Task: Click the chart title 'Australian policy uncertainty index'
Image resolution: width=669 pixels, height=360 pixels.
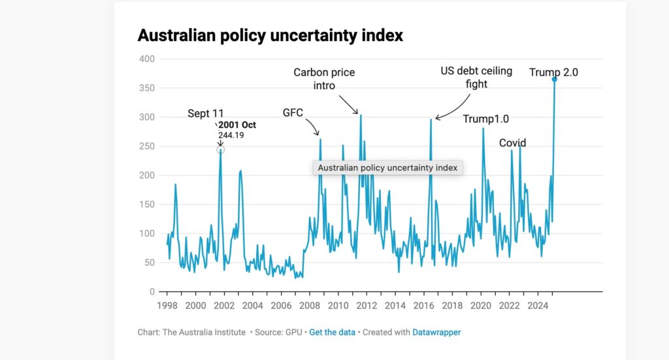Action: click(x=270, y=35)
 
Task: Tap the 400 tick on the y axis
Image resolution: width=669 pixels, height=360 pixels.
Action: click(x=147, y=59)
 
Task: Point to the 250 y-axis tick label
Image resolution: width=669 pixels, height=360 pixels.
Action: click(x=147, y=146)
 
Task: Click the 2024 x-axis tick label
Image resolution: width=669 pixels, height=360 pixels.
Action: click(x=538, y=306)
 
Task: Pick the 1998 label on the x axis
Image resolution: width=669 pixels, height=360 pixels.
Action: click(x=167, y=306)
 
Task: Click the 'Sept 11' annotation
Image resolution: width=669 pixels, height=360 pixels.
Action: click(x=206, y=114)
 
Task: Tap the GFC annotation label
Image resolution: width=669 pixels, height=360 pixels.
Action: click(x=293, y=112)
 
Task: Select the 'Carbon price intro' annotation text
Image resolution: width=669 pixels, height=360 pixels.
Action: click(x=323, y=79)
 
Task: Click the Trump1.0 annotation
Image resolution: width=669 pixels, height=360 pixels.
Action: click(x=486, y=119)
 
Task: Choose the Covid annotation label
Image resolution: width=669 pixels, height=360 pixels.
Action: click(x=513, y=143)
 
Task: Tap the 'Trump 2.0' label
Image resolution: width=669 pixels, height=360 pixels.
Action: click(x=553, y=73)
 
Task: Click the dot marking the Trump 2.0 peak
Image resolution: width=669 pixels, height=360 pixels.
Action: click(x=555, y=80)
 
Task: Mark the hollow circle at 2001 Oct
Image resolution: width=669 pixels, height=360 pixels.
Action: click(x=221, y=150)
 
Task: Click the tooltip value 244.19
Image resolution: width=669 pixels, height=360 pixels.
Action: click(x=231, y=135)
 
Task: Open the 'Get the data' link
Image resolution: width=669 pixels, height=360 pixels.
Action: click(x=332, y=333)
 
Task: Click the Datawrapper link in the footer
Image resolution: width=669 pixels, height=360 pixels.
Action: click(x=436, y=333)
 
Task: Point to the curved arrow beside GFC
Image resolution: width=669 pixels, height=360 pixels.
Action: click(x=313, y=125)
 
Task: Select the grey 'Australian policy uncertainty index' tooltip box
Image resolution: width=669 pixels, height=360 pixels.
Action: click(x=387, y=168)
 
